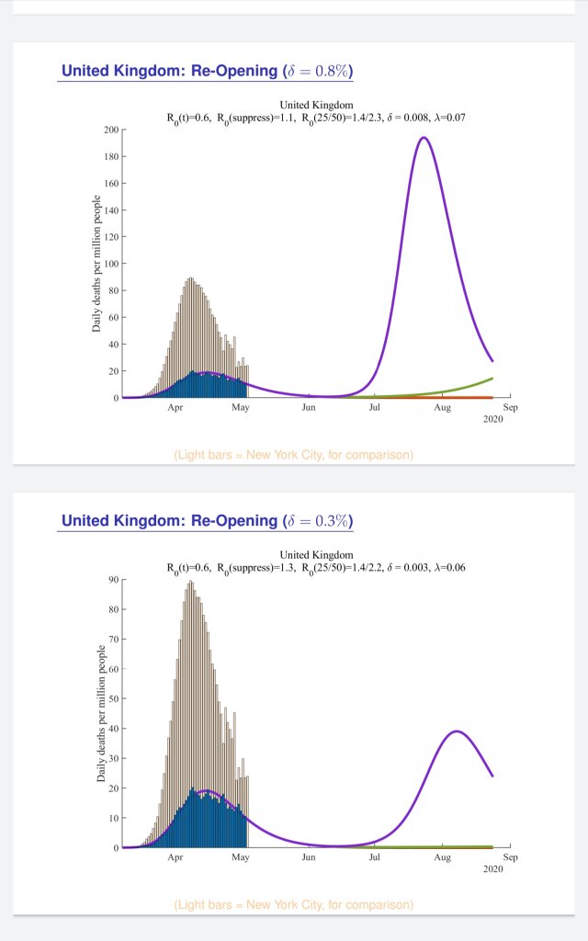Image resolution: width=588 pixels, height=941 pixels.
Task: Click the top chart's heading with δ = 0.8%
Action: (x=208, y=71)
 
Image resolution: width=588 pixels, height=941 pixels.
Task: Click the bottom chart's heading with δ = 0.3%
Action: (x=208, y=521)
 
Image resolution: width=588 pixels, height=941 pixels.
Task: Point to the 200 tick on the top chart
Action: (x=110, y=130)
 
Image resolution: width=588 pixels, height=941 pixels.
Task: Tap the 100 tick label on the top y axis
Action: (x=110, y=264)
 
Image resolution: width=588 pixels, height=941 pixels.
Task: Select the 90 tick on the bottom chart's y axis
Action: (x=113, y=579)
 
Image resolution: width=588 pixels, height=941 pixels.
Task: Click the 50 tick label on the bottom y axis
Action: (x=113, y=698)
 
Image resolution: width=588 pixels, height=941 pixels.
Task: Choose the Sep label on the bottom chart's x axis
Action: (x=511, y=856)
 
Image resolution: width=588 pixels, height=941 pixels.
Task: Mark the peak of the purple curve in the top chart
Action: (x=423, y=138)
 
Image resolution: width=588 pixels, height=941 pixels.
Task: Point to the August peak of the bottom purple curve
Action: (x=457, y=731)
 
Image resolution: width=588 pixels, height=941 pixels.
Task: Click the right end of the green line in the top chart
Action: (x=492, y=379)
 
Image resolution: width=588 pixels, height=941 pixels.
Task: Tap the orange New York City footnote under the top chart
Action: (x=293, y=455)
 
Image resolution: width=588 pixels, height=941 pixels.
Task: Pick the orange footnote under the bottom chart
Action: (x=293, y=905)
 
